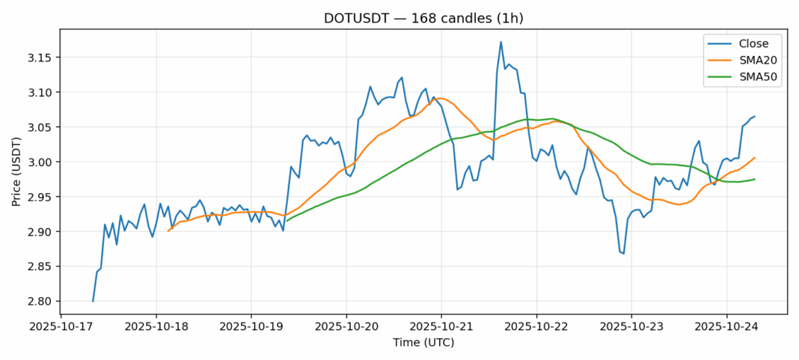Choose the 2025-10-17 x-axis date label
pyautogui.click(x=61, y=327)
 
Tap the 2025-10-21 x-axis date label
pyautogui.click(x=441, y=327)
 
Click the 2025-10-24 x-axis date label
pyautogui.click(x=726, y=327)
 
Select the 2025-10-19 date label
pyautogui.click(x=251, y=327)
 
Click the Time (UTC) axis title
pyautogui.click(x=423, y=343)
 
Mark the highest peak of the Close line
pyautogui.click(x=500, y=42)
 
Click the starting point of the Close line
pyautogui.click(x=93, y=301)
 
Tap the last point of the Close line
pyautogui.click(x=755, y=116)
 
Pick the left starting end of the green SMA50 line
pyautogui.click(x=287, y=220)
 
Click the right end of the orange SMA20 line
pyautogui.click(x=755, y=157)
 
